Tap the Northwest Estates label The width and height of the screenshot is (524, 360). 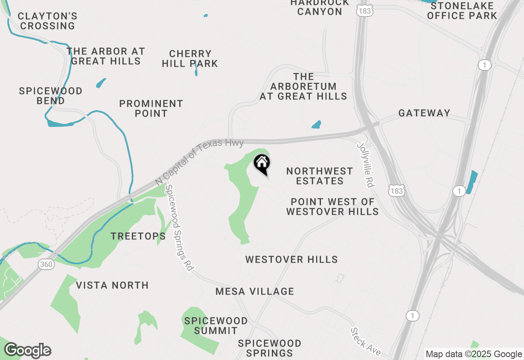[x=319, y=176]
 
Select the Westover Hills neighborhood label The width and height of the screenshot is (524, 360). [x=291, y=259]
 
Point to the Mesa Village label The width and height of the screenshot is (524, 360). [x=255, y=291]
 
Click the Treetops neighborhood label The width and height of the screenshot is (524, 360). [x=138, y=236]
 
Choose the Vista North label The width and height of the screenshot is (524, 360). [x=112, y=285]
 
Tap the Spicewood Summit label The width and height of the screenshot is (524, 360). [x=216, y=326]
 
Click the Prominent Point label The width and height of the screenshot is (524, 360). [x=151, y=108]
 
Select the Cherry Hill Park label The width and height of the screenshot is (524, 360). [x=190, y=59]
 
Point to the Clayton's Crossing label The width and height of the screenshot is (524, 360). [x=48, y=21]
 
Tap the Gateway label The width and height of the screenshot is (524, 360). [x=424, y=113]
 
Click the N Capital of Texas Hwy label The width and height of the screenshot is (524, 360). [x=200, y=162]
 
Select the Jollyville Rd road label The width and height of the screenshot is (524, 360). [x=366, y=165]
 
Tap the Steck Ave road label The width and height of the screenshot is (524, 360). [x=366, y=342]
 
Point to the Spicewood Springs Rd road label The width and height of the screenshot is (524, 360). [x=178, y=227]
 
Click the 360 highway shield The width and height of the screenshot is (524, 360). [x=46, y=264]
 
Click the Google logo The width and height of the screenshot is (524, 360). [x=27, y=350]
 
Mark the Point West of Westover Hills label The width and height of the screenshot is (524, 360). [x=332, y=207]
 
